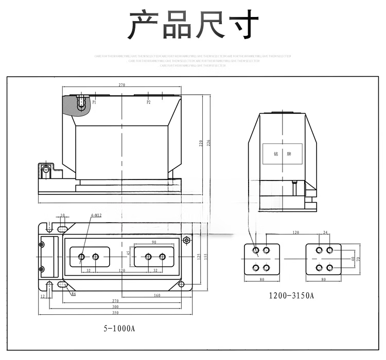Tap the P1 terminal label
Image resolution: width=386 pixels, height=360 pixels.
pos(95,102)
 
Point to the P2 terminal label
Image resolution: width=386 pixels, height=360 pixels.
pos(148,102)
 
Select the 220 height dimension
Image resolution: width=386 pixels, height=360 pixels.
pos(201,144)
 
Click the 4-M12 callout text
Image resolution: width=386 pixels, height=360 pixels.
pos(96,215)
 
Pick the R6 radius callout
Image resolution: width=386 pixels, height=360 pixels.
pos(73,294)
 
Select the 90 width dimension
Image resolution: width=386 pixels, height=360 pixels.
pos(154,242)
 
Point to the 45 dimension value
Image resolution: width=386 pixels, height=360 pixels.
pos(128,253)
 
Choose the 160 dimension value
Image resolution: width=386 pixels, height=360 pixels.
pos(156,295)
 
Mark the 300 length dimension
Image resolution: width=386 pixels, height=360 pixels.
pos(115,307)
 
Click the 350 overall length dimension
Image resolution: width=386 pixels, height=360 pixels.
pos(115,313)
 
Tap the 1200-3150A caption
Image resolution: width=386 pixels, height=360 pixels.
pos(291,296)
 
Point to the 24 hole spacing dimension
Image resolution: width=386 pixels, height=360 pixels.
pos(325,233)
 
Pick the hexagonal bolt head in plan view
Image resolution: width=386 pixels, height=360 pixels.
pos(186,240)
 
